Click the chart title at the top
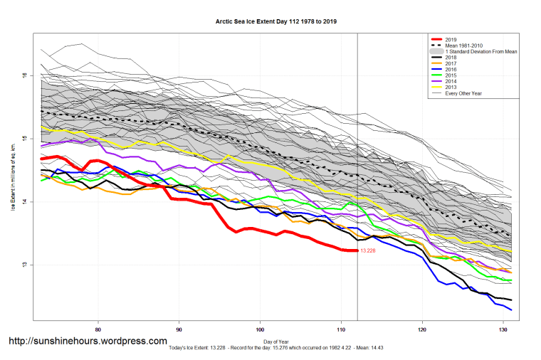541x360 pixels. point(276,21)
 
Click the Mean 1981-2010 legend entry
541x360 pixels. point(463,45)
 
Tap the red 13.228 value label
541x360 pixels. point(368,250)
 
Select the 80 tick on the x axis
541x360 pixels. point(98,329)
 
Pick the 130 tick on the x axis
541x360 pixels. point(503,329)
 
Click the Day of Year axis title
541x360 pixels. point(275,340)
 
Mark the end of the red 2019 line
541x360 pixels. point(357,250)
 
